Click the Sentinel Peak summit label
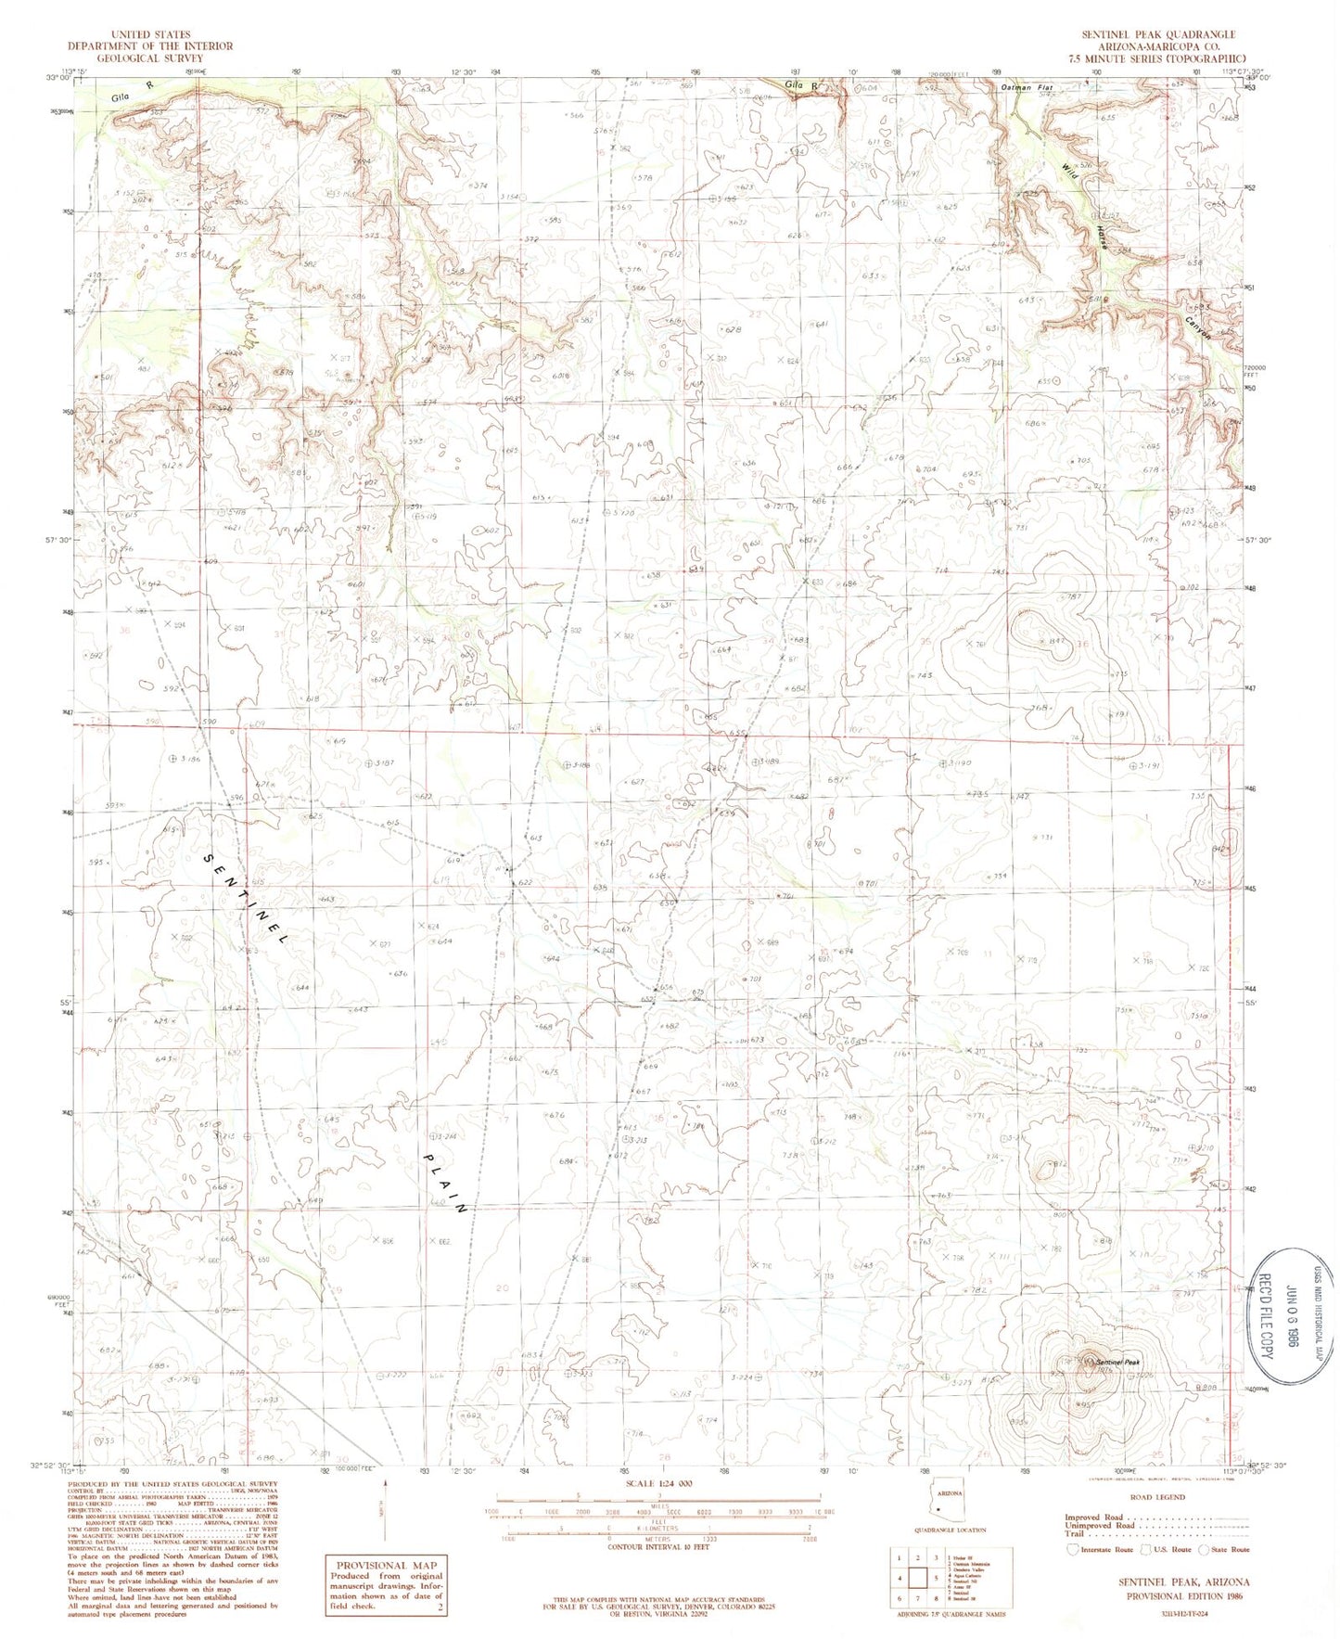(1121, 1361)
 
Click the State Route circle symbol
(1204, 1549)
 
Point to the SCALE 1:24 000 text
(657, 1484)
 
